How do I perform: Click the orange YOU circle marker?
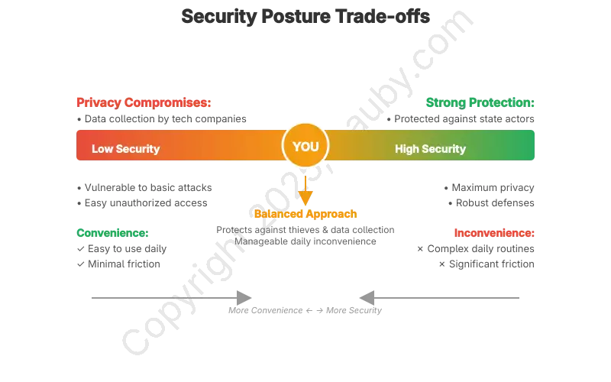click(305, 145)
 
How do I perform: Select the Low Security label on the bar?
click(125, 149)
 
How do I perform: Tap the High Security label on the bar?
click(430, 149)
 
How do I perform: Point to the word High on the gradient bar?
click(408, 149)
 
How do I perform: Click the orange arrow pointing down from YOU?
click(305, 191)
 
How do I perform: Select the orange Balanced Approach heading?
click(305, 215)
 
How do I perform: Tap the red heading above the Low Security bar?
click(144, 102)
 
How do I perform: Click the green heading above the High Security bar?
click(480, 102)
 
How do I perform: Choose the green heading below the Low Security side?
click(112, 232)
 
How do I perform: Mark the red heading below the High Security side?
click(494, 232)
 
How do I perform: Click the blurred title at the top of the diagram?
click(305, 16)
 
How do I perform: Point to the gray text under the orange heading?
click(305, 236)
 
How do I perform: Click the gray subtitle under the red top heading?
click(162, 120)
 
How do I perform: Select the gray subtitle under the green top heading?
click(461, 120)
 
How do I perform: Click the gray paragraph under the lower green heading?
click(121, 256)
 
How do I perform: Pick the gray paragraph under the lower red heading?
click(477, 256)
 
